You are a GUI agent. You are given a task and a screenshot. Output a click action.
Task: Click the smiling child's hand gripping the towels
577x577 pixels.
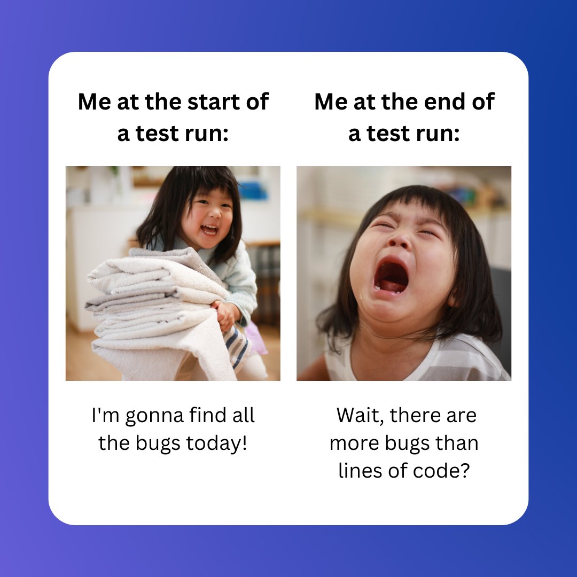224,314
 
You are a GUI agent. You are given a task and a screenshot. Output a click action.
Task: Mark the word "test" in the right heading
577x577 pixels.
390,134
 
